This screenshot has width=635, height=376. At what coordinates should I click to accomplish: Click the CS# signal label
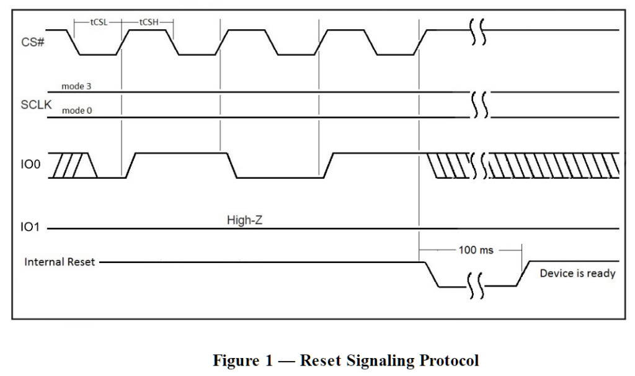pos(32,42)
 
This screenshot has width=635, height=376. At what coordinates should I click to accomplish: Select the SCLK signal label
pos(36,104)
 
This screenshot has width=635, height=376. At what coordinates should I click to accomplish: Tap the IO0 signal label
pos(30,164)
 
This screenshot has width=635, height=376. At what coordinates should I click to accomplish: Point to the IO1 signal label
pos(30,227)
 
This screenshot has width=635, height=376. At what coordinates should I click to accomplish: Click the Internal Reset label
pos(60,262)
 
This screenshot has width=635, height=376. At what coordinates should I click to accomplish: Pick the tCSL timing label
pos(99,22)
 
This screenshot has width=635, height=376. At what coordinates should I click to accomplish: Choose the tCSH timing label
pos(149,22)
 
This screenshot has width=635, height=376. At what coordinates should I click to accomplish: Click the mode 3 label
pos(76,86)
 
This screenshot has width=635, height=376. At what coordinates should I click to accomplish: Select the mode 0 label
pos(77,110)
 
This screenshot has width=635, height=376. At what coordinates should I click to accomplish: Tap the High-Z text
pos(244,220)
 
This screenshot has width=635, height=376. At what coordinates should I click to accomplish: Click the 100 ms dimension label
pos(476,250)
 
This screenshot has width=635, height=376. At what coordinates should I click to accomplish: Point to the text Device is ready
pos(577,274)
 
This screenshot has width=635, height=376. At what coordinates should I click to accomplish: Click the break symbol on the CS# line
pos(477,32)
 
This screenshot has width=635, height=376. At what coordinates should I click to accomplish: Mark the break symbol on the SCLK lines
pos(480,104)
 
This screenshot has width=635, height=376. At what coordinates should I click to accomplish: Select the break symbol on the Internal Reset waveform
pos(476,285)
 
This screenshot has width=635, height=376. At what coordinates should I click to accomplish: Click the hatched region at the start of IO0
pos(72,165)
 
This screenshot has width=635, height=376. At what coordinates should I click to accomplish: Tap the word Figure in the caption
pos(237,360)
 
